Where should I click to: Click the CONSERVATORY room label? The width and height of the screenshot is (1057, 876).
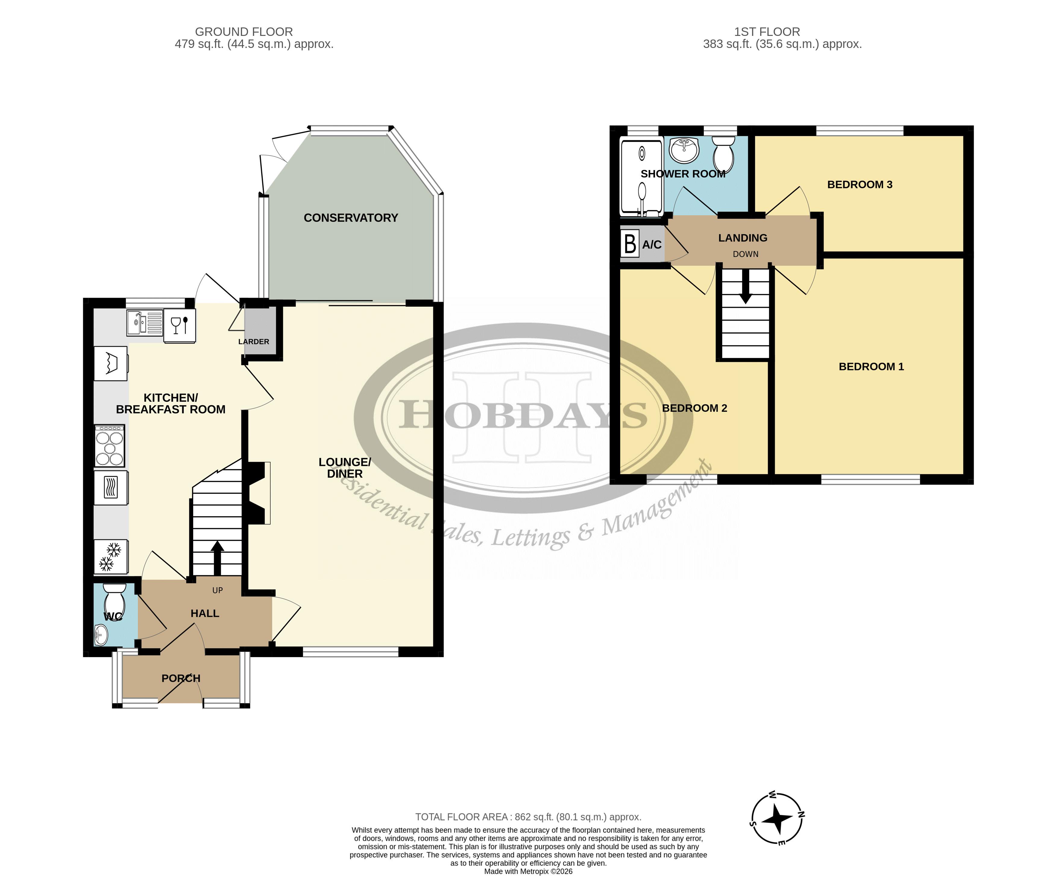coord(351,218)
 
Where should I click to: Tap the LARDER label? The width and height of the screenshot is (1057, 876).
coord(254,341)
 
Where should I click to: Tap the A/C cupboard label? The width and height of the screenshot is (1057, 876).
coord(652,245)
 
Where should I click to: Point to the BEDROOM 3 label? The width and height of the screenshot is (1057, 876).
coord(860,185)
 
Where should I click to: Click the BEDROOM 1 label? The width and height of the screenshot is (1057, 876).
coord(871,366)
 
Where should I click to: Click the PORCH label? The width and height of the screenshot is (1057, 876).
coord(181,678)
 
